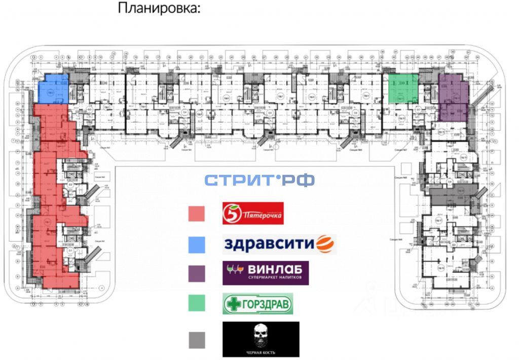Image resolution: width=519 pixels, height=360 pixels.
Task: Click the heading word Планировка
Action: tap(159, 9)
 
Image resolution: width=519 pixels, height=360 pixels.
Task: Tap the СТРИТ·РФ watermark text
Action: tap(259, 180)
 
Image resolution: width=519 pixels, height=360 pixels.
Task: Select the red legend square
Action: tap(196, 213)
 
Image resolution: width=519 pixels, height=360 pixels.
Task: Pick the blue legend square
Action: tap(196, 244)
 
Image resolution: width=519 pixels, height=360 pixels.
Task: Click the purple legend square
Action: tap(196, 274)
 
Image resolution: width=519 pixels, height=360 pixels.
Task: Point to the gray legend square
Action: tap(196, 339)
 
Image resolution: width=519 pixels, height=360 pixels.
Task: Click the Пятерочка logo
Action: tap(253, 213)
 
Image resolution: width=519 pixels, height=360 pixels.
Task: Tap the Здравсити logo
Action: tap(279, 244)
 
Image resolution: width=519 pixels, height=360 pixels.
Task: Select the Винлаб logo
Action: tap(265, 273)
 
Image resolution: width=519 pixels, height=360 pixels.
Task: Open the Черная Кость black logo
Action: tap(261, 339)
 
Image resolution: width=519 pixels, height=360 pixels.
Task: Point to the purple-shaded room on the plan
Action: tap(453, 96)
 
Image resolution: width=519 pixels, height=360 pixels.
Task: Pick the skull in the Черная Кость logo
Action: tap(261, 334)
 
